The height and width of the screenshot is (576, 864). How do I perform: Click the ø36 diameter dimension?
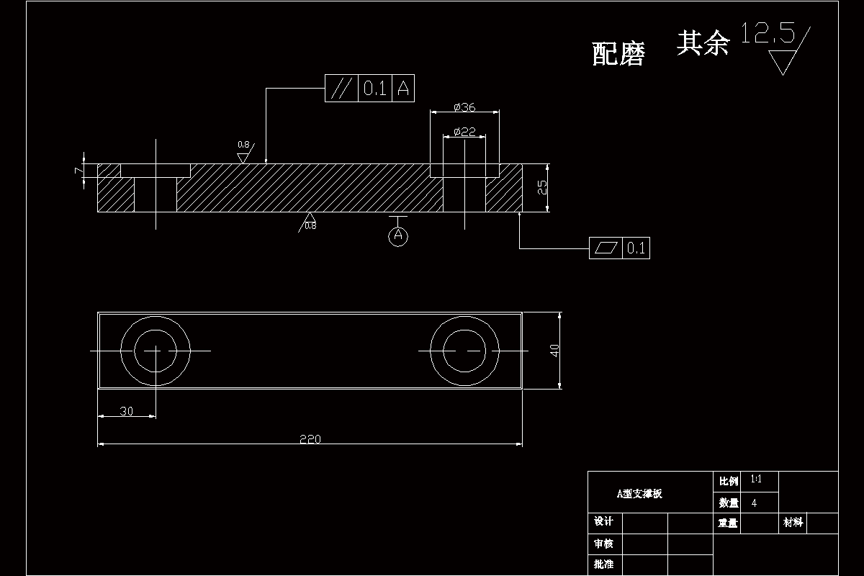point(464,107)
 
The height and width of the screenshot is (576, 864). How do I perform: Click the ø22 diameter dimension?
point(464,131)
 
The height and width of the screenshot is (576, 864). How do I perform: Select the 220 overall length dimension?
point(310,439)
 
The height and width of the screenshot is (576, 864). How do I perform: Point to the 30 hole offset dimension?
point(126,411)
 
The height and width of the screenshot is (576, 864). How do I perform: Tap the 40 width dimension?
point(554,351)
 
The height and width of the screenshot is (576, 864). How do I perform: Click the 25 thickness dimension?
point(542,187)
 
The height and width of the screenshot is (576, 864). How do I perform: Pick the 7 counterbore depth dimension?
point(78,170)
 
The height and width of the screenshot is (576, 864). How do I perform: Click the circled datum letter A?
point(398,235)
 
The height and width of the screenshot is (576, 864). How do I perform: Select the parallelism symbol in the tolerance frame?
point(341,89)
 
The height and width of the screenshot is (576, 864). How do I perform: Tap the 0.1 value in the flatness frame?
point(636,248)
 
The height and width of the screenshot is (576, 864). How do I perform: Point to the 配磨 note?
point(618,54)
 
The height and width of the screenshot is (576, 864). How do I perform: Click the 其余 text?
point(703,43)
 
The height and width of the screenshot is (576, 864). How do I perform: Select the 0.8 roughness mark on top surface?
point(243,145)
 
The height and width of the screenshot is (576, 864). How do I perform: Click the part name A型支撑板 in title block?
point(639,494)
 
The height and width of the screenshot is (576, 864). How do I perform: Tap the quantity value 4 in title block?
point(754,503)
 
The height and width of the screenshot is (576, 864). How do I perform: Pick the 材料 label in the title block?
point(793,523)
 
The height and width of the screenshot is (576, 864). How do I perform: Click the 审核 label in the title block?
point(603,544)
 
